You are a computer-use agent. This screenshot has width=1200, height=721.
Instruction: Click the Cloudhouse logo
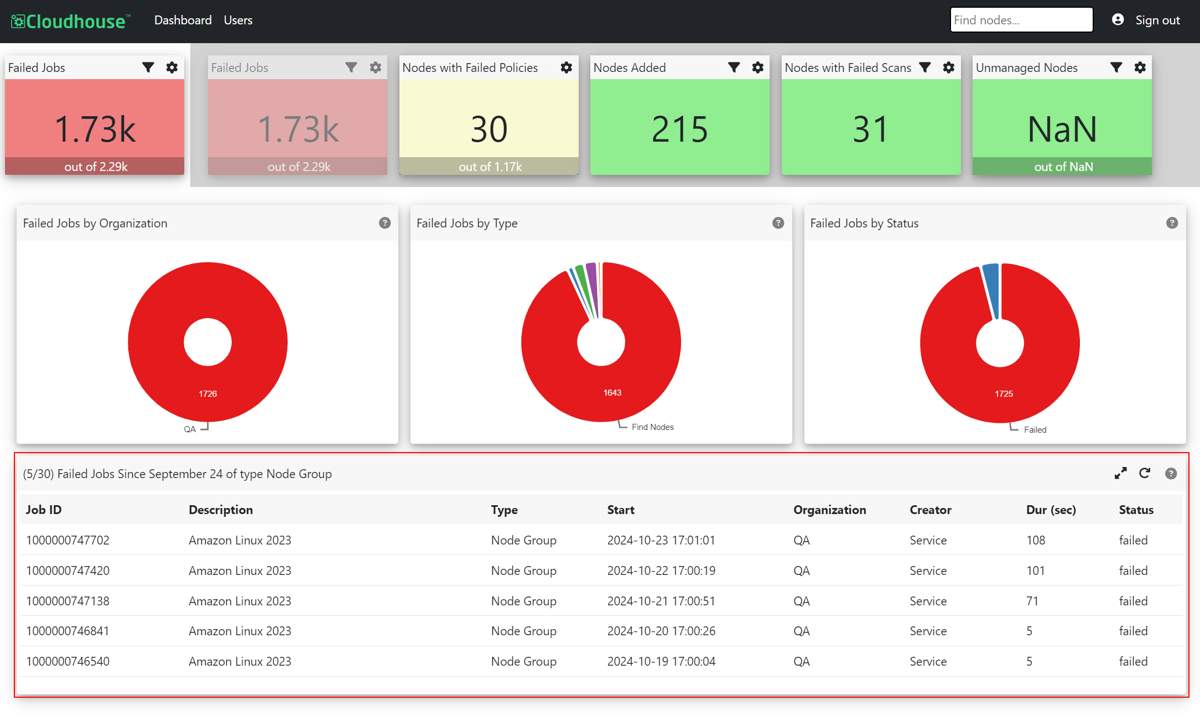pyautogui.click(x=71, y=21)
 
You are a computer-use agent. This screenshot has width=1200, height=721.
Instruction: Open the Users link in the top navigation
pyautogui.click(x=238, y=20)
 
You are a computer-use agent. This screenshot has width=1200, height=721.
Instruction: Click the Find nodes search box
pyautogui.click(x=1021, y=20)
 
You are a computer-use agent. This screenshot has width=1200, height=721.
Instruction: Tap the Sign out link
pyautogui.click(x=1157, y=20)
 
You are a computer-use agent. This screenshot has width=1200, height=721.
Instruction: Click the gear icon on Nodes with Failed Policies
pyautogui.click(x=567, y=68)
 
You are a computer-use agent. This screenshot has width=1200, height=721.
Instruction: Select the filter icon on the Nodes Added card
pyautogui.click(x=734, y=68)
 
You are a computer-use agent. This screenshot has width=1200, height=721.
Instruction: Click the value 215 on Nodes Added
pyautogui.click(x=679, y=129)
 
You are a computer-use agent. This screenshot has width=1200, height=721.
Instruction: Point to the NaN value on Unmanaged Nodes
pyautogui.click(x=1062, y=129)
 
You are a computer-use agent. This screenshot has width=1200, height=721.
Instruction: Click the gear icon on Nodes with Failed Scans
pyautogui.click(x=949, y=68)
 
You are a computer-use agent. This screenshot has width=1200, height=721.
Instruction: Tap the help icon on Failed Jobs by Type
pyautogui.click(x=778, y=223)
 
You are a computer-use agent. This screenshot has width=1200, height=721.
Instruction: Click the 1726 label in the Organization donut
pyautogui.click(x=208, y=394)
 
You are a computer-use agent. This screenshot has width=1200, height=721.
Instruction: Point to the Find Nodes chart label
pyautogui.click(x=653, y=427)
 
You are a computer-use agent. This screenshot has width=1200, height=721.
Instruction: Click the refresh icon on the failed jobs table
pyautogui.click(x=1145, y=473)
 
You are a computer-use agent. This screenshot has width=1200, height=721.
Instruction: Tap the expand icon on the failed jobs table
pyautogui.click(x=1120, y=474)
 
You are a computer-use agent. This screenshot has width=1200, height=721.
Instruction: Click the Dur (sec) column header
pyautogui.click(x=1051, y=510)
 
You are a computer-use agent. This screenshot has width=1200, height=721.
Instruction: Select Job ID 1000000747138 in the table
pyautogui.click(x=67, y=601)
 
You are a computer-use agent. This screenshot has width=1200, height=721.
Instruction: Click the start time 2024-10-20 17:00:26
pyautogui.click(x=661, y=631)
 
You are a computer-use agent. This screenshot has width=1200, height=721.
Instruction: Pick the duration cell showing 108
pyautogui.click(x=1036, y=540)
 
